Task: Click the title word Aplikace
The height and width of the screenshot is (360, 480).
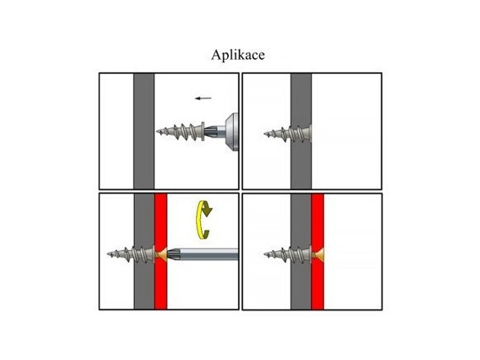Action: tap(238, 56)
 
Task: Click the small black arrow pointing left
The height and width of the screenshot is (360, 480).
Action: tap(203, 98)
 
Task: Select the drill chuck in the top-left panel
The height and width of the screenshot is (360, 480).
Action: tap(231, 131)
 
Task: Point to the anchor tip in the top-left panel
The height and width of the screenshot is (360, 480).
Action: tap(157, 132)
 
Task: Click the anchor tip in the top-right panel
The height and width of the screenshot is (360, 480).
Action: tap(265, 134)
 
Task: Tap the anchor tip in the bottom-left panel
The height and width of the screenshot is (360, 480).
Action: tap(108, 254)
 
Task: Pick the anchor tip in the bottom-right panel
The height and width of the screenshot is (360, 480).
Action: tap(265, 254)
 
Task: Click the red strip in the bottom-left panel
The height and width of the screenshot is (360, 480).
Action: tap(161, 252)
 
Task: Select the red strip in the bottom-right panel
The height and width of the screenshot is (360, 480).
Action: tap(318, 252)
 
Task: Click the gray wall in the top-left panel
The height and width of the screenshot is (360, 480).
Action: tap(144, 131)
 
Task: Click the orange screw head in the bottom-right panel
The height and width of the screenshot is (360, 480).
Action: tap(318, 254)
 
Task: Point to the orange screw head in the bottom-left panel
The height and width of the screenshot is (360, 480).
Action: tap(162, 254)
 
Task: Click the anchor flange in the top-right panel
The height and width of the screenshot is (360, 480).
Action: tap(310, 133)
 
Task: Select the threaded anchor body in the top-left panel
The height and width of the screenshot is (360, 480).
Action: tap(180, 132)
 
